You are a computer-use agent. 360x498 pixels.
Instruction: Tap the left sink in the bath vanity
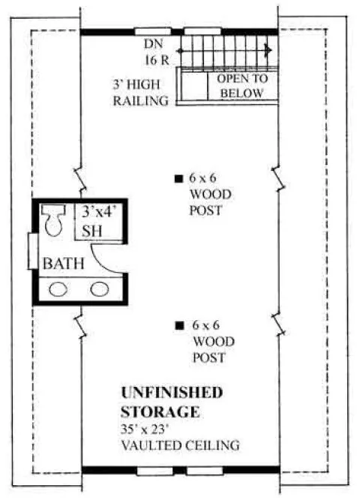(58, 289)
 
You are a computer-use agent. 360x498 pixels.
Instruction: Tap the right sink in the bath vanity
(98, 289)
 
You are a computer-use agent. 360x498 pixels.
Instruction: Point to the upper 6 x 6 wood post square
(178, 178)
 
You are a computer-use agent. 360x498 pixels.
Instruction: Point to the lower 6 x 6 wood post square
(178, 325)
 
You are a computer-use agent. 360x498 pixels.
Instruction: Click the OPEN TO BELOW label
(240, 85)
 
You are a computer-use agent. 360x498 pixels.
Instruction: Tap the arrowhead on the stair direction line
(268, 50)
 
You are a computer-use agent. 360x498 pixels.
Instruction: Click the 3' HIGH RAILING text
(140, 93)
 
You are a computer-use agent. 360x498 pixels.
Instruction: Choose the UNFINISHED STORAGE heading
(171, 401)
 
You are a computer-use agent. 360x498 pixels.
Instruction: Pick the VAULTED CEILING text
(179, 445)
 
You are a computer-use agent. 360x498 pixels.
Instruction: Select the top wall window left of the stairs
(151, 31)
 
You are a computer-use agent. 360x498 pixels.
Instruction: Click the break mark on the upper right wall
(278, 178)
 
